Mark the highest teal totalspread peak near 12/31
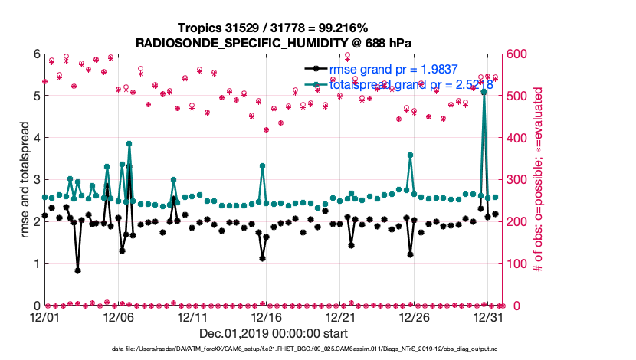[x=484, y=91]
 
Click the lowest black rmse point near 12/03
[x=78, y=270]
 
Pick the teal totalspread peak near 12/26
[x=411, y=155]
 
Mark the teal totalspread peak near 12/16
[x=263, y=165]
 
